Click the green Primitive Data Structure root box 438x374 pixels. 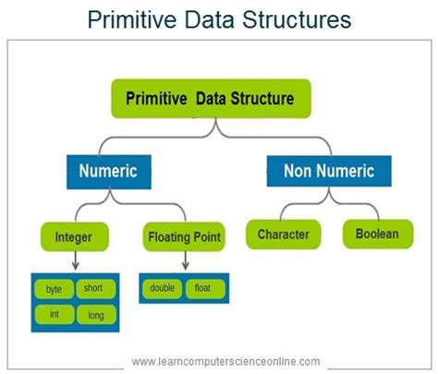tap(211, 99)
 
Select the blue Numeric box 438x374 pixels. tap(109, 172)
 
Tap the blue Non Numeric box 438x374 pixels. tap(329, 171)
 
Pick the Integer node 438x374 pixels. tap(75, 236)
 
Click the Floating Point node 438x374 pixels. tap(184, 236)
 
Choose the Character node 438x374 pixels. tap(284, 235)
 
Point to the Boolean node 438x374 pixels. tap(378, 234)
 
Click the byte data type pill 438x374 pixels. tap(55, 289)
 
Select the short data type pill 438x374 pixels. tap(96, 288)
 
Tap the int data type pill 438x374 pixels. tap(55, 314)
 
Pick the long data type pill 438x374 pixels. tap(96, 315)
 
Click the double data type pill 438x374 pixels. tap(162, 288)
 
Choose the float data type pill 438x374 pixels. tap(205, 288)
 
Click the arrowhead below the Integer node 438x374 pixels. tap(76, 266)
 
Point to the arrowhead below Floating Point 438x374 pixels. tap(185, 266)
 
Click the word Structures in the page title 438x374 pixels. tap(297, 19)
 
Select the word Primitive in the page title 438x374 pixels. tap(132, 19)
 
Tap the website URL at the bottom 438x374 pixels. tap(225, 361)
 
